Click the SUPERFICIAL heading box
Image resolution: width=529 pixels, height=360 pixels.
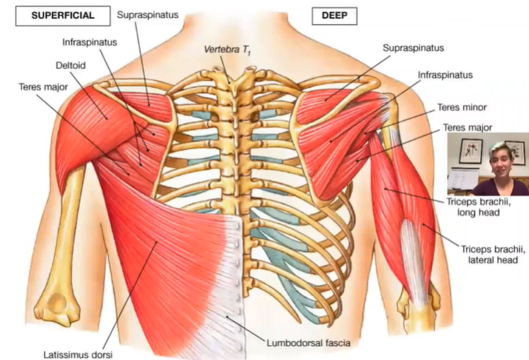tap(58, 15)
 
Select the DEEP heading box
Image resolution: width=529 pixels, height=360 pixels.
tap(328, 15)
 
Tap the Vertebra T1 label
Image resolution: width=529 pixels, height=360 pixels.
tap(230, 51)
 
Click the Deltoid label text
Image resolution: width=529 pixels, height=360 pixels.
tap(71, 65)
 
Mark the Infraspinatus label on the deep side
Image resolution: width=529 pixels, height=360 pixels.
tap(445, 75)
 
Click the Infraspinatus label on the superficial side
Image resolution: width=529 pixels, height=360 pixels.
tap(88, 42)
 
